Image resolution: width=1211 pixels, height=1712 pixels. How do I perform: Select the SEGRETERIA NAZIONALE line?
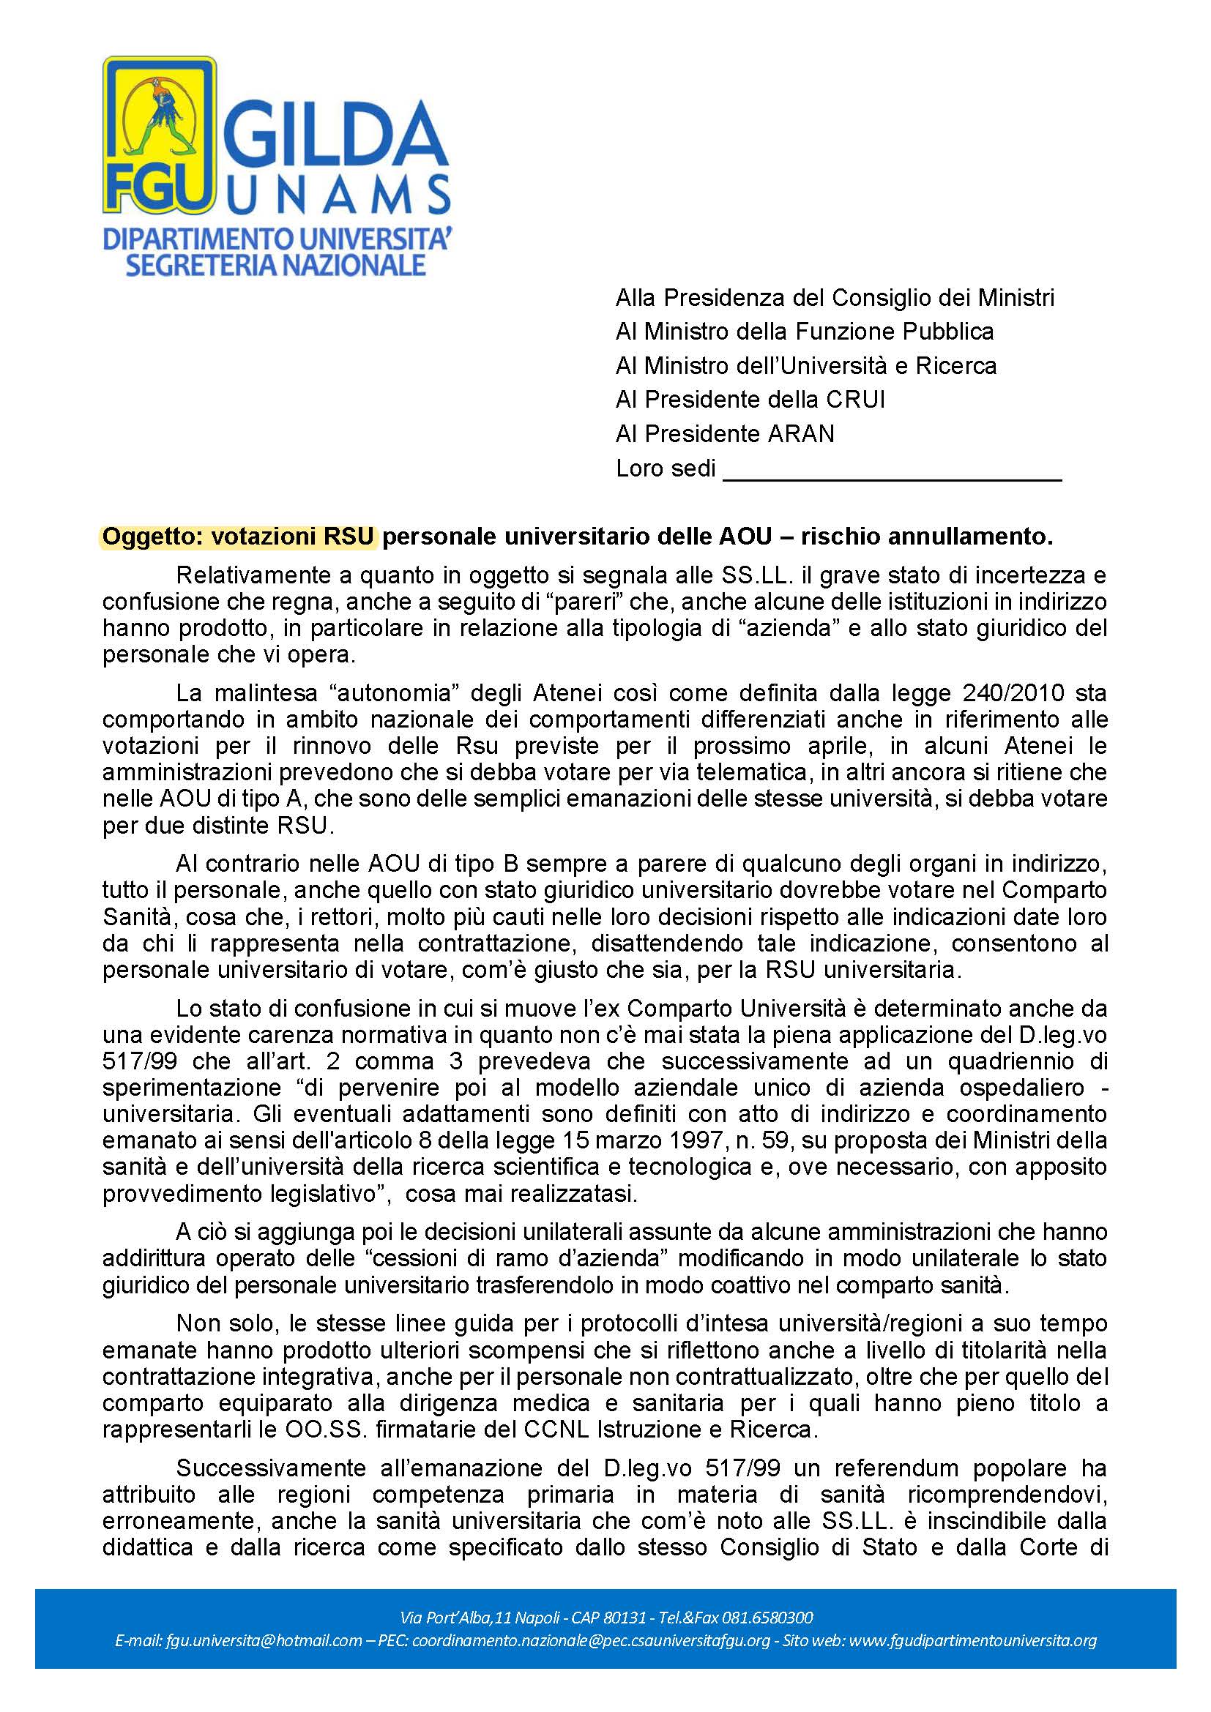pyautogui.click(x=275, y=265)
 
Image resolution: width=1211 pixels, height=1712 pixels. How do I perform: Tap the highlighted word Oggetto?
pyautogui.click(x=152, y=537)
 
